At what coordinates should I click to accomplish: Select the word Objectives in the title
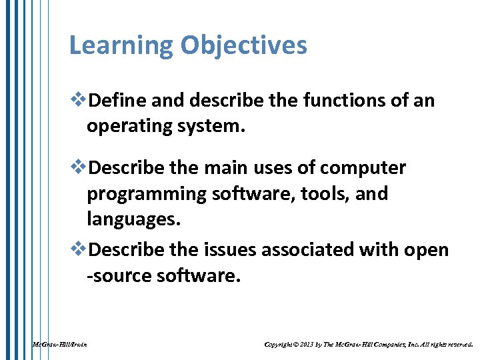pos(243,46)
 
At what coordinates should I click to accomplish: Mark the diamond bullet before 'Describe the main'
pos(79,168)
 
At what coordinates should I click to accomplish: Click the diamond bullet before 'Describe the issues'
pos(79,249)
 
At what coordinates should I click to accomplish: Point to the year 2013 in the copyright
pos(307,345)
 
